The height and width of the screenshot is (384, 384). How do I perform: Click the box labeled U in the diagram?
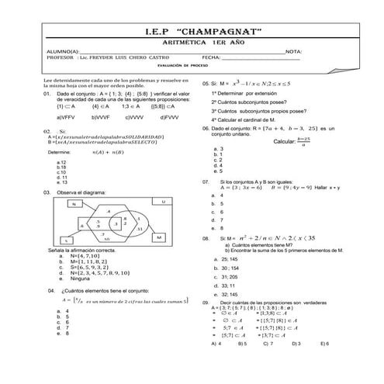pyautogui.click(x=164, y=201)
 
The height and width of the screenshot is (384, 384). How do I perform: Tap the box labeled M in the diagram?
pyautogui.click(x=158, y=236)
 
